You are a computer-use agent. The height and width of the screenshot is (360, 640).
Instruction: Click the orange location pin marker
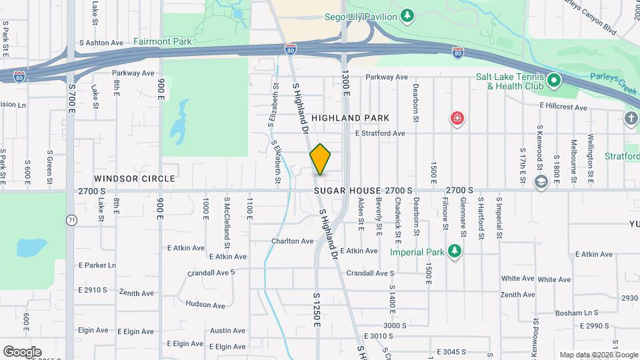(x=321, y=159)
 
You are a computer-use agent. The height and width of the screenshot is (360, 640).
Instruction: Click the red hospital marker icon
(x=457, y=119)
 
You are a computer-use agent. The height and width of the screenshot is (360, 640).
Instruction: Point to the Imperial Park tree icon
(x=455, y=251)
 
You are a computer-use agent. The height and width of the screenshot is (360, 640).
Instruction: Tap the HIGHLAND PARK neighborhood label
(x=358, y=118)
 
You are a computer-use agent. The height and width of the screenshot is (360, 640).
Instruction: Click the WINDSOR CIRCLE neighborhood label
(x=134, y=179)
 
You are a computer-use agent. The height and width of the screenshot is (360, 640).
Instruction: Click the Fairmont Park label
(x=162, y=41)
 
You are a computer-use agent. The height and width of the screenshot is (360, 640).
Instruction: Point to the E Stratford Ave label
(x=380, y=133)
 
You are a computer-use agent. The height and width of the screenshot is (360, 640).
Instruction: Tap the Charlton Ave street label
(x=292, y=241)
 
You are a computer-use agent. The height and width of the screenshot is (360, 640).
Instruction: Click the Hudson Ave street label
(x=206, y=304)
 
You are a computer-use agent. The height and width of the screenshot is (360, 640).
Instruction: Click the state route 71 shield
(x=71, y=219)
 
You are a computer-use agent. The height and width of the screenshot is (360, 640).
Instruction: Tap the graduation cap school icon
(x=541, y=180)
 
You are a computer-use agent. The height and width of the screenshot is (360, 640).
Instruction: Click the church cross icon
(x=631, y=119)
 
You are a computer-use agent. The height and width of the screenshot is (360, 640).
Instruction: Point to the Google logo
(x=22, y=351)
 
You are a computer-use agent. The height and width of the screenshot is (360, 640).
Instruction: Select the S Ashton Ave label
(x=101, y=43)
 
